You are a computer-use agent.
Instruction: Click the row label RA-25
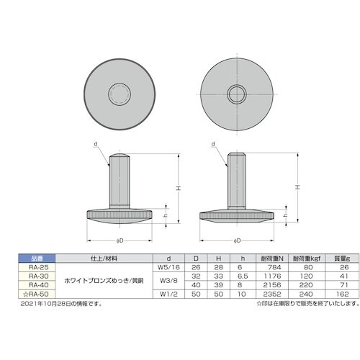pyautogui.click(x=29, y=266)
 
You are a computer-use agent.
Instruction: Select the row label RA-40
pyautogui.click(x=29, y=285)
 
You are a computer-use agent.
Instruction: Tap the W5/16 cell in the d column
pyautogui.click(x=168, y=266)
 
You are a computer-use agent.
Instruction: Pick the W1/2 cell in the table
pyautogui.click(x=168, y=294)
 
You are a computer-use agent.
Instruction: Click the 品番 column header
pyautogui.click(x=29, y=257)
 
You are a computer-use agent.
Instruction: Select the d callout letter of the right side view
pyautogui.click(x=214, y=144)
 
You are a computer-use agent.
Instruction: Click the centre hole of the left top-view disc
pyautogui.click(x=120, y=94)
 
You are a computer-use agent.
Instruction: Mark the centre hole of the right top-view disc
pyautogui.click(x=236, y=94)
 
